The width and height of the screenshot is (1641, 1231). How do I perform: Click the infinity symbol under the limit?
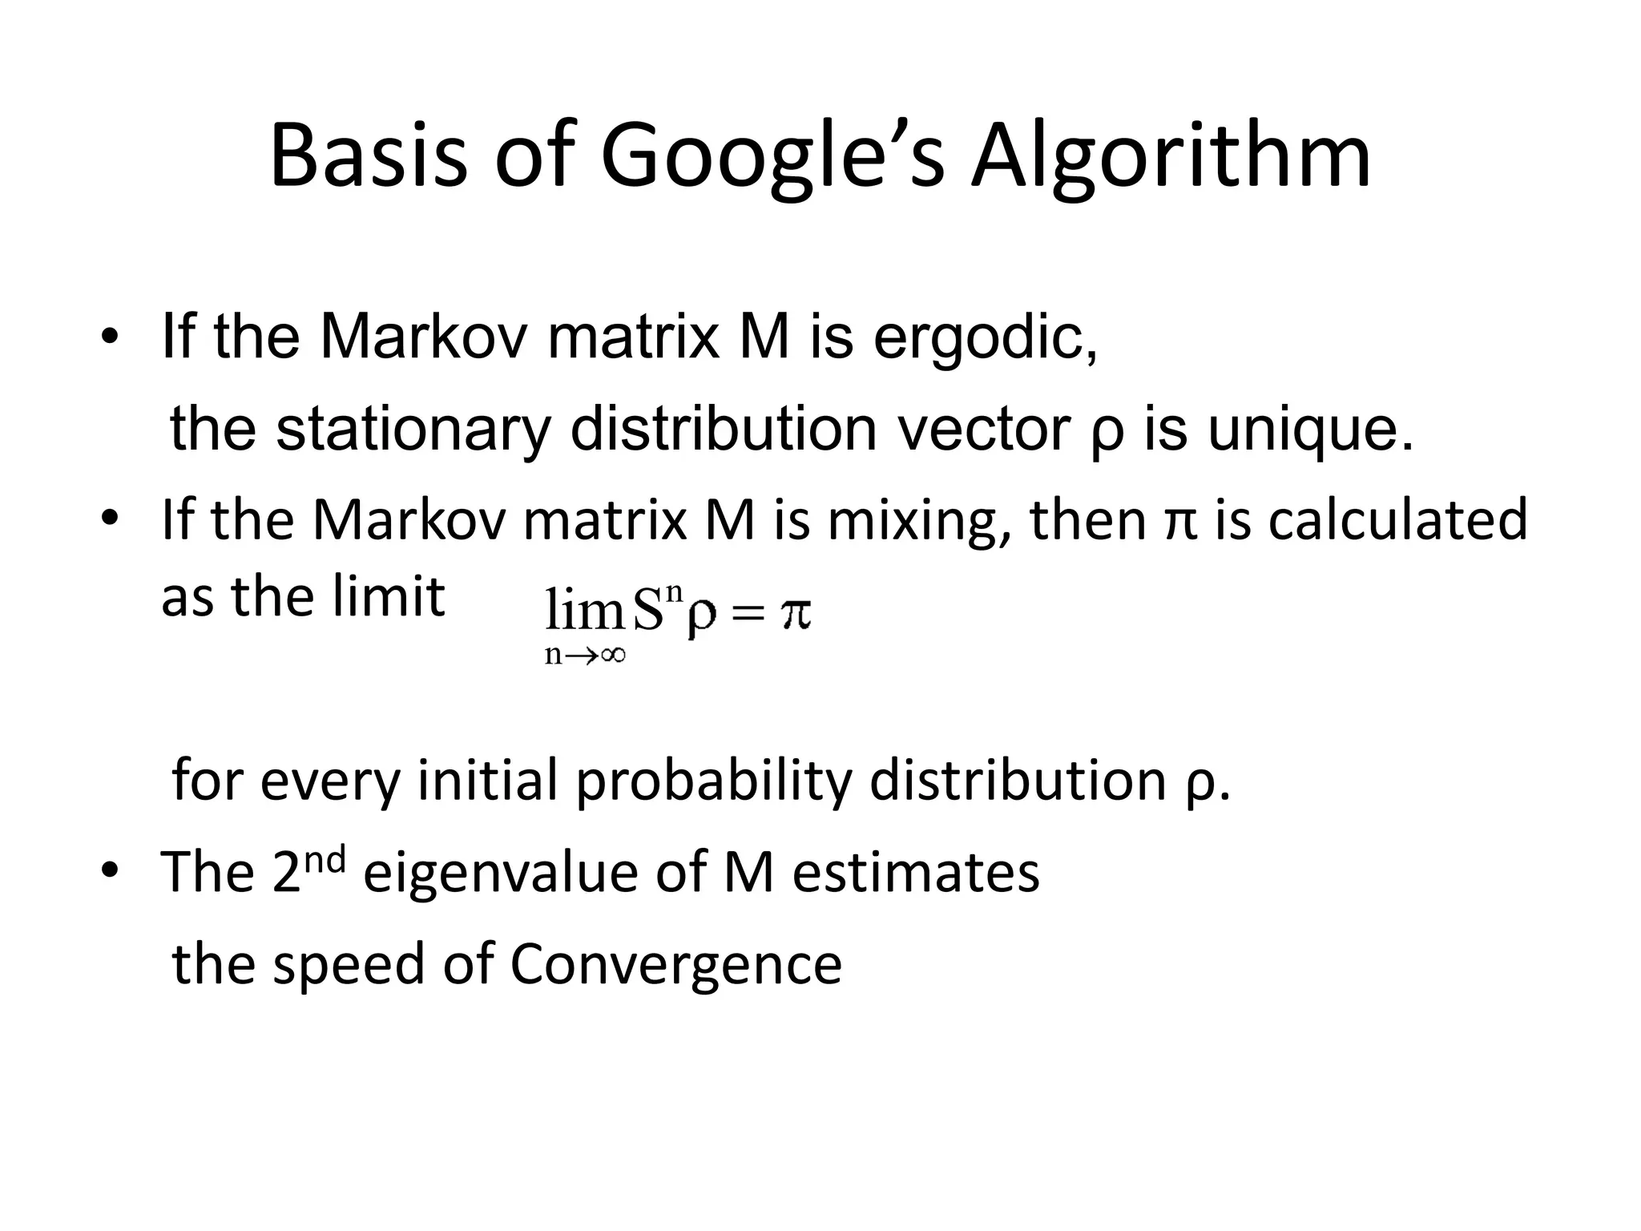pos(611,656)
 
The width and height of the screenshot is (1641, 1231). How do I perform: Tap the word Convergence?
pos(675,964)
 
